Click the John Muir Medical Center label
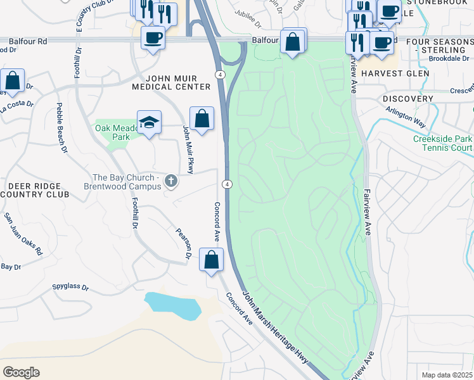click(x=171, y=82)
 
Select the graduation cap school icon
click(x=149, y=122)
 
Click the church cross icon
click(x=170, y=182)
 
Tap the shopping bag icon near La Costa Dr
click(x=12, y=80)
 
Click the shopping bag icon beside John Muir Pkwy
click(x=202, y=118)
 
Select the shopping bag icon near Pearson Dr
click(x=211, y=259)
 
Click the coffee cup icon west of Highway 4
click(x=153, y=38)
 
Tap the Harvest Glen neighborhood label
click(x=395, y=73)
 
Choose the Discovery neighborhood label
click(x=407, y=99)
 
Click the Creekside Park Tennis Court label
click(x=442, y=143)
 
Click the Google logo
click(x=21, y=372)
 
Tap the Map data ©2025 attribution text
click(x=447, y=375)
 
